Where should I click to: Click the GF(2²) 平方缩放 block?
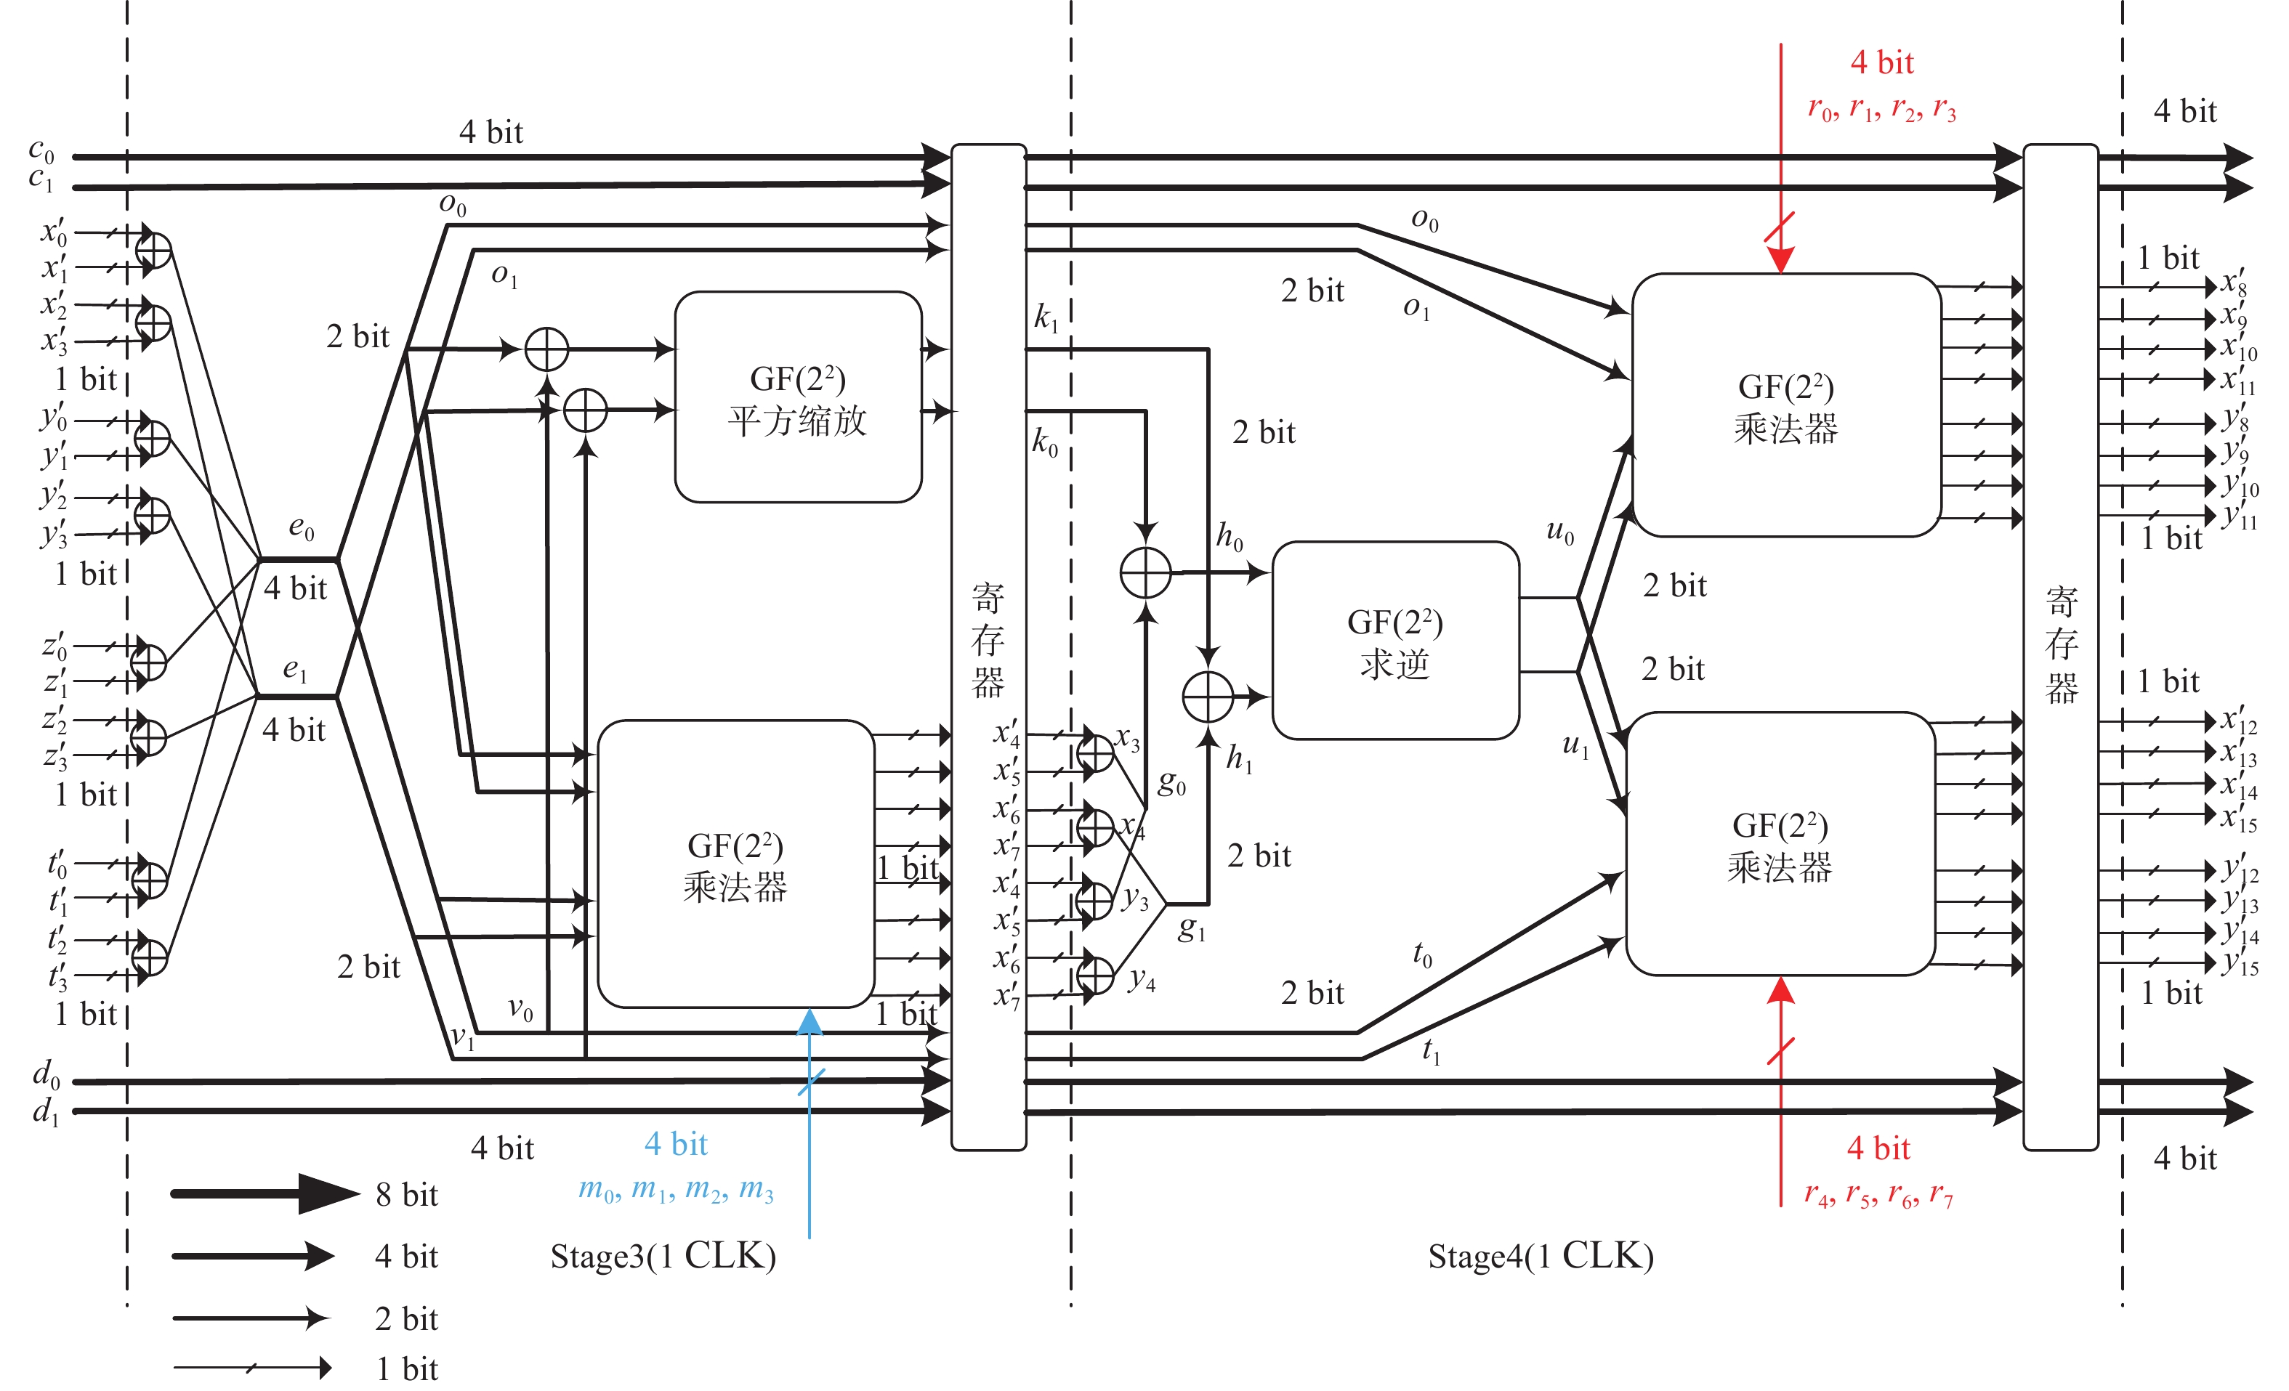798,397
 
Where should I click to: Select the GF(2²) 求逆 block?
1395,641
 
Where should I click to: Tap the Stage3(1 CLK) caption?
663,1257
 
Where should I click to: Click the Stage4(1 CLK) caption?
1541,1257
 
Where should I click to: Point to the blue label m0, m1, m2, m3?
677,1190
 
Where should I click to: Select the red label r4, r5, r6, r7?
1878,1195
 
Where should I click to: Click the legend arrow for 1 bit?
251,1368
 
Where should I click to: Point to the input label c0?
42,150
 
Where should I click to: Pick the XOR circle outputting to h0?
1145,573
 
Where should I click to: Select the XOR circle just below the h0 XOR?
1208,697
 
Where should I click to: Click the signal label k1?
1046,318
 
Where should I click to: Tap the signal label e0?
301,528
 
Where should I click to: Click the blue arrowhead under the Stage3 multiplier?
809,1022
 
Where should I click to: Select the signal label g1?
1192,928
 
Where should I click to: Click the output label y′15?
2239,962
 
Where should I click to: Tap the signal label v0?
520,1010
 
